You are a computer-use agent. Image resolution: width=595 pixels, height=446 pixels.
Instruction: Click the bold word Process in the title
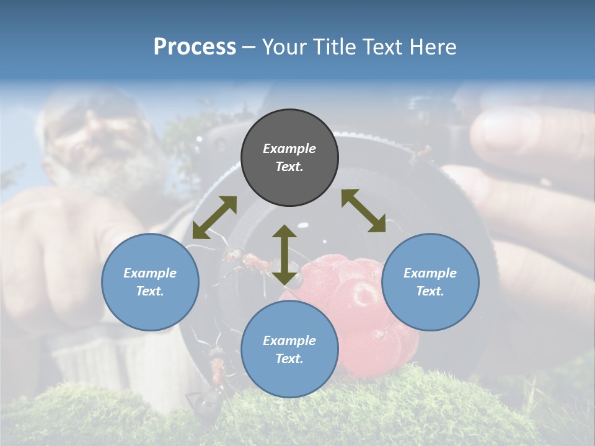[195, 47]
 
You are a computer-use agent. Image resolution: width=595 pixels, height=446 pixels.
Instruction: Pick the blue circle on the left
[150, 300]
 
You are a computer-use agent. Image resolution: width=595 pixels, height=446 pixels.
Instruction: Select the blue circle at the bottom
[289, 372]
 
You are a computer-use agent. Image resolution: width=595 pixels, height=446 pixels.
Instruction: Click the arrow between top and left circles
[214, 217]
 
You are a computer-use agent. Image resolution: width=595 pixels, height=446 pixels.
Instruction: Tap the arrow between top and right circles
[363, 211]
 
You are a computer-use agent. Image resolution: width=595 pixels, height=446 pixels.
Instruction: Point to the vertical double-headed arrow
[284, 255]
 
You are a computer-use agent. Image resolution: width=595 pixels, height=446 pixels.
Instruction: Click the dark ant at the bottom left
[208, 403]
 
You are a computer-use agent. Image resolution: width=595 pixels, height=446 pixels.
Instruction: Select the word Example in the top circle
[289, 149]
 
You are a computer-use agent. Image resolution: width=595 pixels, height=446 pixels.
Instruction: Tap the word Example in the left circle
[150, 273]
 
